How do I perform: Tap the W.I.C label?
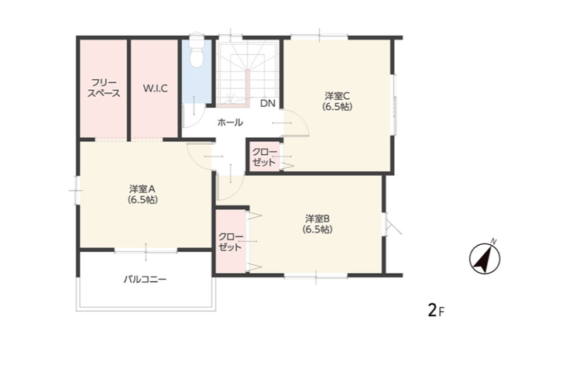[155, 88]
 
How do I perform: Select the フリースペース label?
[104, 88]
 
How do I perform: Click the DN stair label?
[267, 103]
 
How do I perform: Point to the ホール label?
[230, 122]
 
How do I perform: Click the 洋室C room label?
[337, 102]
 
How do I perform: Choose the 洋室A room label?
[142, 195]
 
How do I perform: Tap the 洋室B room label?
[317, 224]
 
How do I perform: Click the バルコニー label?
[145, 280]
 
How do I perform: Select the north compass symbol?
[485, 257]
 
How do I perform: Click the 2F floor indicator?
[436, 311]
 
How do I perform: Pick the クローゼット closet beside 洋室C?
[264, 157]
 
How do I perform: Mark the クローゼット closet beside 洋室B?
[231, 242]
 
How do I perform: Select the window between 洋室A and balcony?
[146, 250]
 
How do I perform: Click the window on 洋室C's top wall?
[319, 36]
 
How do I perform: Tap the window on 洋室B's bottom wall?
[316, 275]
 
